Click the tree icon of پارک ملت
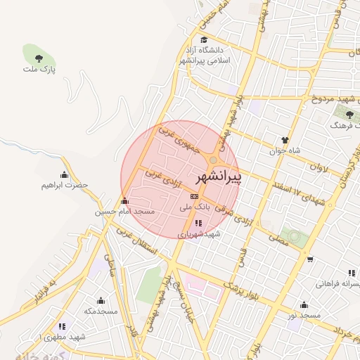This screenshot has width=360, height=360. pyautogui.click(x=36, y=56)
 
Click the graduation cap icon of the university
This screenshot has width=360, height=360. pyautogui.click(x=204, y=39)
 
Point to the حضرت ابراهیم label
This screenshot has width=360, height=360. pyautogui.click(x=65, y=186)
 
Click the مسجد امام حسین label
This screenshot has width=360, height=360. pyautogui.click(x=124, y=211)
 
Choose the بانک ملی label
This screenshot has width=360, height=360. pyautogui.click(x=195, y=207)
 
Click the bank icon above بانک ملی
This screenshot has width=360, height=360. pyautogui.click(x=195, y=196)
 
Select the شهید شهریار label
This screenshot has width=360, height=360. pyautogui.click(x=199, y=234)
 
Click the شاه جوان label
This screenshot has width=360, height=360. pyautogui.click(x=285, y=150)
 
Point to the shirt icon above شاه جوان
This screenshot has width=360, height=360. pyautogui.click(x=285, y=140)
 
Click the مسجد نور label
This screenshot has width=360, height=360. pyautogui.click(x=303, y=316)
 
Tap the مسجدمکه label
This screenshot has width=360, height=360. pyautogui.click(x=100, y=311)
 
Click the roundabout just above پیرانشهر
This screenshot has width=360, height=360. pyautogui.click(x=212, y=160)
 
